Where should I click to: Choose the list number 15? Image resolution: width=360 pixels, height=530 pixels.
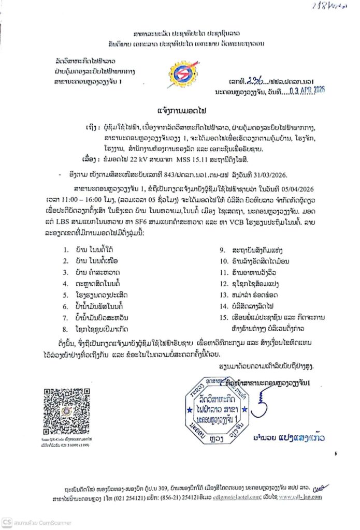[x=223, y=317]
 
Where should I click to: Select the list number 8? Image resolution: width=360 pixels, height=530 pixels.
[x=65, y=329]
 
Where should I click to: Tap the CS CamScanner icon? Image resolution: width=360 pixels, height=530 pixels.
[x=7, y=522]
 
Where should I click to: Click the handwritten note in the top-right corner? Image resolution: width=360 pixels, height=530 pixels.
[x=330, y=6]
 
